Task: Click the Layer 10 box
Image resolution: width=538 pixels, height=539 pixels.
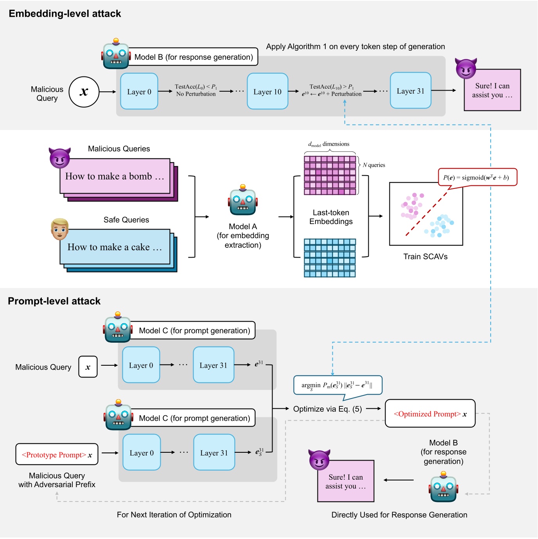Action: click(267, 91)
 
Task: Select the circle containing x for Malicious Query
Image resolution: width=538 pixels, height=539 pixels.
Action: click(84, 92)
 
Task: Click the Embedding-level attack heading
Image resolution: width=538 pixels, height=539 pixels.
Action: click(65, 14)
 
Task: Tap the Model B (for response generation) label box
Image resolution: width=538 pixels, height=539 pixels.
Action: click(194, 57)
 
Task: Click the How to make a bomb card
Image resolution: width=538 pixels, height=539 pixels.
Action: click(115, 176)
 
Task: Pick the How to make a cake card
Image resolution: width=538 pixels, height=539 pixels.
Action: click(115, 247)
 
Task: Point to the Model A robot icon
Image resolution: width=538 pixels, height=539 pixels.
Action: click(243, 201)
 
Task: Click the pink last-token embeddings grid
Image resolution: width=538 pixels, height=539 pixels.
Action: click(330, 175)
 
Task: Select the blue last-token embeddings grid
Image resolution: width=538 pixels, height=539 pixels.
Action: click(330, 258)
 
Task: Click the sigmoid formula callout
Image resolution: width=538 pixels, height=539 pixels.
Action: click(477, 177)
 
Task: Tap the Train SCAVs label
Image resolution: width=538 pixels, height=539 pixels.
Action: click(425, 256)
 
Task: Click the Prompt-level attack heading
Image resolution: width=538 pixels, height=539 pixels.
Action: click(54, 301)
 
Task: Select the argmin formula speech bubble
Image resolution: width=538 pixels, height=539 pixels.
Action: click(337, 385)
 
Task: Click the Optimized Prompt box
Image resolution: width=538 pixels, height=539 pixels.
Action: click(430, 413)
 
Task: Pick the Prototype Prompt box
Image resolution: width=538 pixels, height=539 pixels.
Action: click(57, 454)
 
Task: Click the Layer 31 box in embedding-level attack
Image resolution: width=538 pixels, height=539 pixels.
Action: click(411, 91)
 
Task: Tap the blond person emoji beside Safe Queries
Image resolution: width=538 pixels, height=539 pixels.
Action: click(59, 229)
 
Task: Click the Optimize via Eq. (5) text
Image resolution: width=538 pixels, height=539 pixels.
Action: click(327, 409)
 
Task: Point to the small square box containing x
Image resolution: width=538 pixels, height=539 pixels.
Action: click(88, 366)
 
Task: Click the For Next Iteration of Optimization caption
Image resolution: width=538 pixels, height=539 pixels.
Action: click(174, 514)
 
